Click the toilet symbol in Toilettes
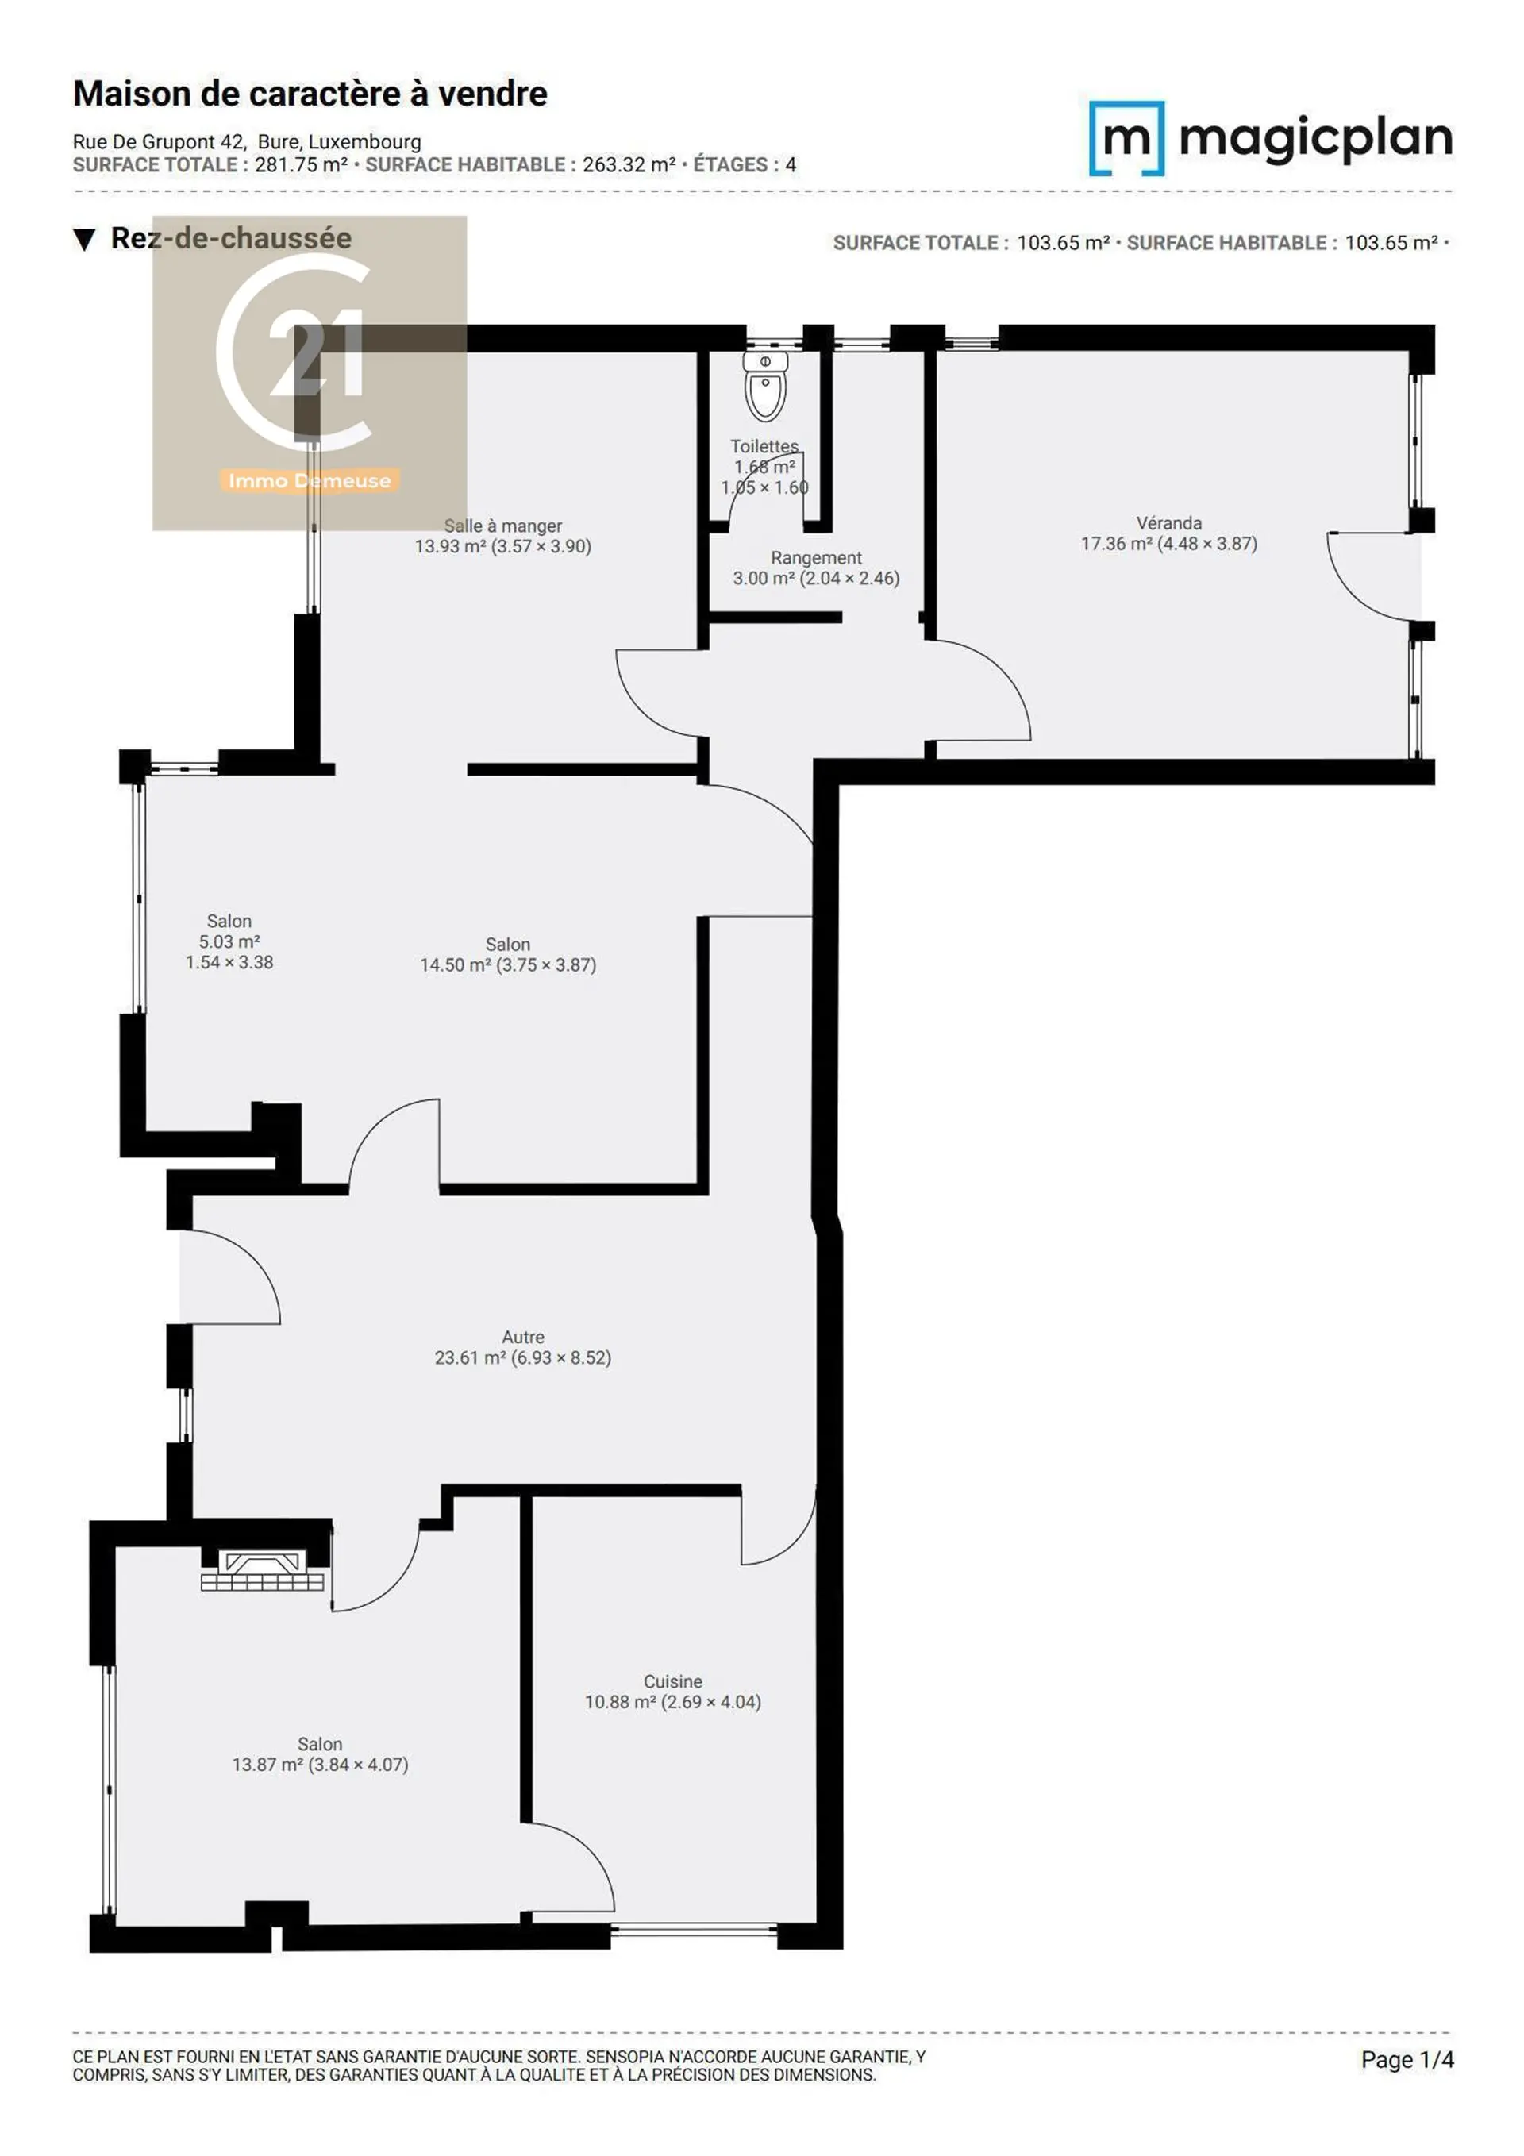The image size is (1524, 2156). [x=765, y=386]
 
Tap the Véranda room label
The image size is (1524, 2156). [x=1168, y=523]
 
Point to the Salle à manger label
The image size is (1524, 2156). [x=503, y=526]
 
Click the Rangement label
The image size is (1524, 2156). [x=816, y=558]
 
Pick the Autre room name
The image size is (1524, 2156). [x=523, y=1336]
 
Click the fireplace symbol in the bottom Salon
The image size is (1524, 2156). [x=264, y=1570]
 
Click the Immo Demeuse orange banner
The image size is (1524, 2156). [x=309, y=481]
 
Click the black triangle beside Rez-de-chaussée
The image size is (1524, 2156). [x=84, y=240]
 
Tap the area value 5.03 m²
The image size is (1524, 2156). [x=229, y=941]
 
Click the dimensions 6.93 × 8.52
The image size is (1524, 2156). [x=560, y=1358]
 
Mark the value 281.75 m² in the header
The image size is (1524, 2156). [x=302, y=164]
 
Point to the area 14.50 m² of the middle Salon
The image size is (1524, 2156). [x=452, y=964]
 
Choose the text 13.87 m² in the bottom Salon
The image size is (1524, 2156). [x=266, y=1765]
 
